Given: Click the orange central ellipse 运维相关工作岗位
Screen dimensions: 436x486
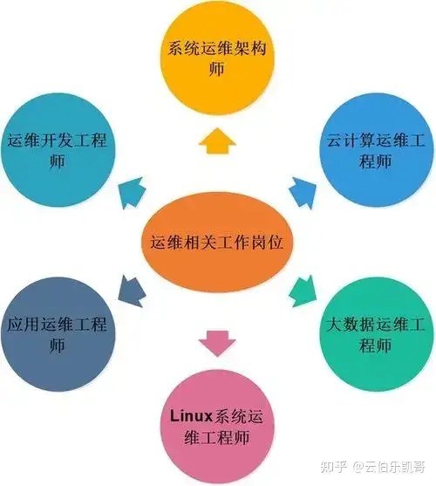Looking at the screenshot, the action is click(217, 242).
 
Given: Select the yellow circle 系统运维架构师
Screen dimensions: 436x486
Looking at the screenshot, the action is click(217, 58).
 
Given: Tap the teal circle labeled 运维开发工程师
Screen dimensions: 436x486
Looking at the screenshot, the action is click(58, 150).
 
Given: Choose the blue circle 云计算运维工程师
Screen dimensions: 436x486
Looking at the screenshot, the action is click(376, 150).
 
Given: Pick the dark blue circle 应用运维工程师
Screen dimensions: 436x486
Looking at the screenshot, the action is click(58, 334).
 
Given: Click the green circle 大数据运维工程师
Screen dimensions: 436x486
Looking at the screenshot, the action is click(376, 334).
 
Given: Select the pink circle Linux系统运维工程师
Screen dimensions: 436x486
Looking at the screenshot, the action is click(217, 428).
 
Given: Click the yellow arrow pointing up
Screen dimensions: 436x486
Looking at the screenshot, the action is click(217, 141).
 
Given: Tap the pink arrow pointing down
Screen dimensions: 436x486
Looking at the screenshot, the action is click(217, 343).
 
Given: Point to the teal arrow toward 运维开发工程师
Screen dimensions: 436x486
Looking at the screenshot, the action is click(132, 193).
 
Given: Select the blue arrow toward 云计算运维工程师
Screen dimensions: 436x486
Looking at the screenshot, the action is click(303, 193).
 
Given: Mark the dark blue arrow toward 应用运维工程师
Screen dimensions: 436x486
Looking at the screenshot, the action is click(132, 291).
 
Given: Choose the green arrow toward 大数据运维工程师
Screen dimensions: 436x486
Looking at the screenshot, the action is click(303, 291).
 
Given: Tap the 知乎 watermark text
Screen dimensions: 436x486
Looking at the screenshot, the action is click(333, 467).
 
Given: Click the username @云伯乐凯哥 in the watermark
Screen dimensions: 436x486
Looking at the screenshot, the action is click(390, 467).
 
